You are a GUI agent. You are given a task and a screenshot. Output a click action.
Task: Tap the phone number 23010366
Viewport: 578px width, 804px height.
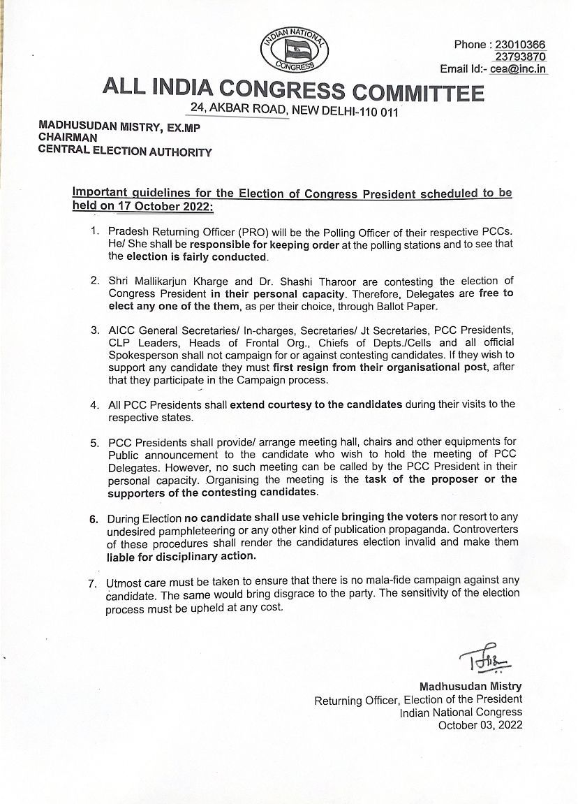(x=519, y=45)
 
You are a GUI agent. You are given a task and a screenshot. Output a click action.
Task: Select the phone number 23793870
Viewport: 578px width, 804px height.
(x=520, y=57)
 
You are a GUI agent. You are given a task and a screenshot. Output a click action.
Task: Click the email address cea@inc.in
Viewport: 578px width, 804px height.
(x=519, y=69)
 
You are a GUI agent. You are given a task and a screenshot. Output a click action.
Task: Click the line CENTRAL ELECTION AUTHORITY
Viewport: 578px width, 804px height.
(x=125, y=151)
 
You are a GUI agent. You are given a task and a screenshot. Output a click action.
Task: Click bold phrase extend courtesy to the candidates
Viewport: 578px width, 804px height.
(x=316, y=404)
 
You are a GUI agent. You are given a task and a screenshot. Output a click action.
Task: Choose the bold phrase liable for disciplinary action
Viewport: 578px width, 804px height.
(x=181, y=557)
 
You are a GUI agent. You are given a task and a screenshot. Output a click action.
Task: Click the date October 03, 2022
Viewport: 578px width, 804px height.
(x=480, y=725)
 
